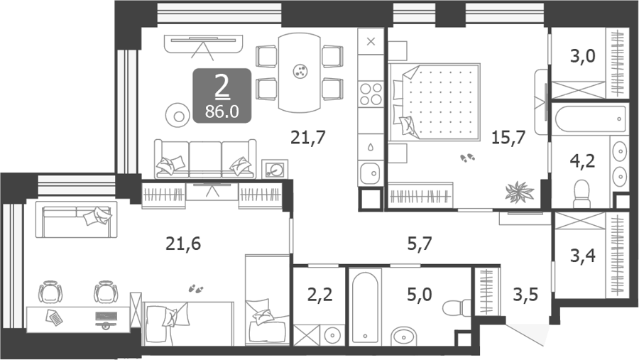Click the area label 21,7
[308, 137]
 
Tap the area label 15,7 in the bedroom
[508, 137]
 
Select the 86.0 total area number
[222, 111]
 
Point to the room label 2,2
[320, 294]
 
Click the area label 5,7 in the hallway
[420, 244]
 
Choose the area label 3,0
[582, 56]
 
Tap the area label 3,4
[583, 256]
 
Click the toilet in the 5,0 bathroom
[457, 308]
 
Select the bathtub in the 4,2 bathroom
[591, 119]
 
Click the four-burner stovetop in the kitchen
[371, 94]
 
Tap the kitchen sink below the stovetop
[370, 173]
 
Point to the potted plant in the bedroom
[519, 191]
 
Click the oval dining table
[299, 72]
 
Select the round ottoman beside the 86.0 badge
[178, 116]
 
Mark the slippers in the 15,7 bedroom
[467, 158]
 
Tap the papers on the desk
[54, 317]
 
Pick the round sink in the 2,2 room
[332, 335]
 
